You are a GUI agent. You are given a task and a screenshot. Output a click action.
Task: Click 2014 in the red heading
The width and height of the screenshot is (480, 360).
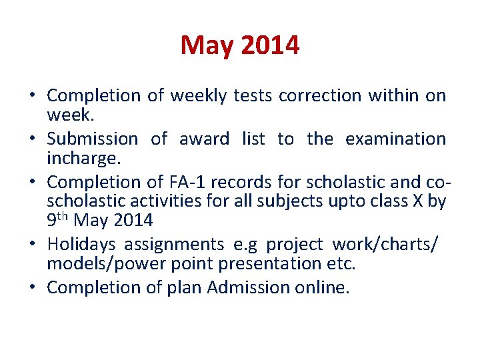tap(271, 46)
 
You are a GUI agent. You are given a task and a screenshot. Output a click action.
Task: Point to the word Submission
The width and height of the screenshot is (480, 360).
tap(92, 139)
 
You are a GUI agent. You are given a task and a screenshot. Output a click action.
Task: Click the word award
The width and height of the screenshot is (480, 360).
tap(205, 139)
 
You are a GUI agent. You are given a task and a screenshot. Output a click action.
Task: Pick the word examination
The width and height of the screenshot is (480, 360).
tap(395, 139)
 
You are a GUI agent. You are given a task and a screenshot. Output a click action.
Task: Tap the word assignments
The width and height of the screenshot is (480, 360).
tap(180, 245)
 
